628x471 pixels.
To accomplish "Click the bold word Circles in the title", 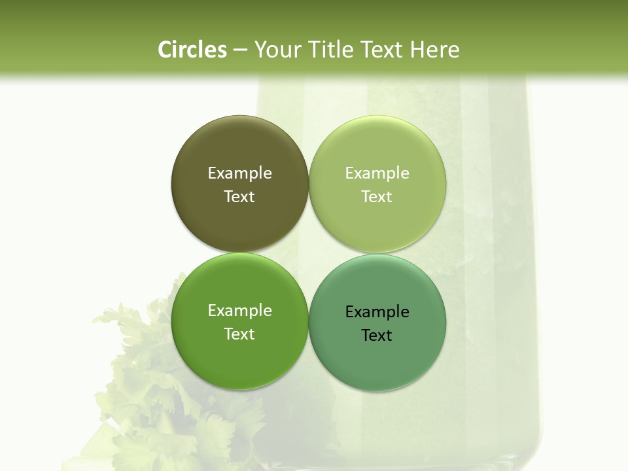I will [x=192, y=50].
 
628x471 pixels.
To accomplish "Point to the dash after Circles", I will [x=240, y=50].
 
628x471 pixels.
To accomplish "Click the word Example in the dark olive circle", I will [x=239, y=173].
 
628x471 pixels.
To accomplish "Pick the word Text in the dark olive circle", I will [x=239, y=196].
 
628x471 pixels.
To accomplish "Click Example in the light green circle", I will [x=377, y=173].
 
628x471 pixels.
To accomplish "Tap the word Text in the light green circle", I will [x=377, y=196].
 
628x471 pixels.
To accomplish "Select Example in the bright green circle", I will [x=239, y=310].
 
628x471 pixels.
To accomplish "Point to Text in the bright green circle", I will [x=239, y=334].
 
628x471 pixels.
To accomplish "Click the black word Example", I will [x=377, y=311].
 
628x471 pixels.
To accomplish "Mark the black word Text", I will [x=377, y=335].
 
